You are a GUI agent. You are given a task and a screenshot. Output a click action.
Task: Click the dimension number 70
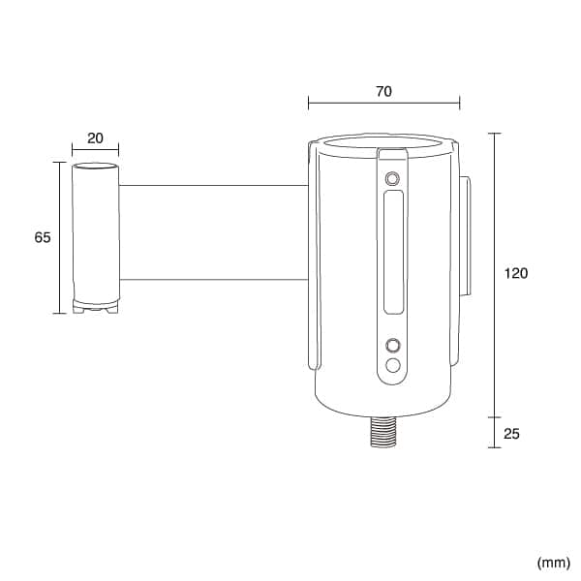tap(383, 91)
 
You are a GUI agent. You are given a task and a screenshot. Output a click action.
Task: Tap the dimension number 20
tap(95, 138)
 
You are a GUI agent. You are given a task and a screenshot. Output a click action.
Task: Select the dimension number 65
tap(42, 237)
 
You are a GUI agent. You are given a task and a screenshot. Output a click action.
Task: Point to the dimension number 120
tap(516, 274)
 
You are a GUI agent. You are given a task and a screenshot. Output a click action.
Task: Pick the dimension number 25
tap(512, 433)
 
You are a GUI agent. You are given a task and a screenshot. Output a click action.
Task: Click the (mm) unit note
tap(554, 562)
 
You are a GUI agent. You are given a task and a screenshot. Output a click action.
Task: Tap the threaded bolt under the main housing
tap(384, 431)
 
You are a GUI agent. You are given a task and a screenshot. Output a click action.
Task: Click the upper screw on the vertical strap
tap(392, 178)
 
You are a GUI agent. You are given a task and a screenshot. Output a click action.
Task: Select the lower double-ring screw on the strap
tap(392, 346)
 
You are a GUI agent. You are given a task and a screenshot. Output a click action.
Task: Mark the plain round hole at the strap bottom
tap(392, 365)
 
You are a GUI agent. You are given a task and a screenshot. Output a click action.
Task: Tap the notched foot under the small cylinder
tap(95, 308)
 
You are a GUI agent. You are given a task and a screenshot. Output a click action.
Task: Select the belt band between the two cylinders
tap(213, 232)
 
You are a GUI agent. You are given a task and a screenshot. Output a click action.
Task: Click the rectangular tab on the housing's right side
tap(465, 237)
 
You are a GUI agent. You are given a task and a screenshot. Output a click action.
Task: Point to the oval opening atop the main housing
tap(383, 145)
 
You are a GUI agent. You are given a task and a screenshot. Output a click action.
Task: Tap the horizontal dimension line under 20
tap(95, 150)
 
